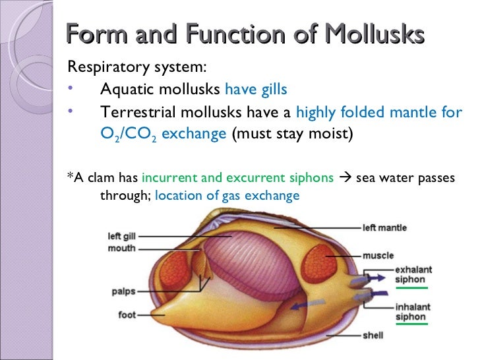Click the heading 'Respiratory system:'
137,68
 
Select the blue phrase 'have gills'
256,90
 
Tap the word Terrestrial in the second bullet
136,112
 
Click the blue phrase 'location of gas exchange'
227,196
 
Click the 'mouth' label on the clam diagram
122,248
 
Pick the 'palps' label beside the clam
123,290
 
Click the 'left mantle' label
384,228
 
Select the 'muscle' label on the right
378,255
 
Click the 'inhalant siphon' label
411,311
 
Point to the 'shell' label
373,335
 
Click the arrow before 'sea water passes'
345,178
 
